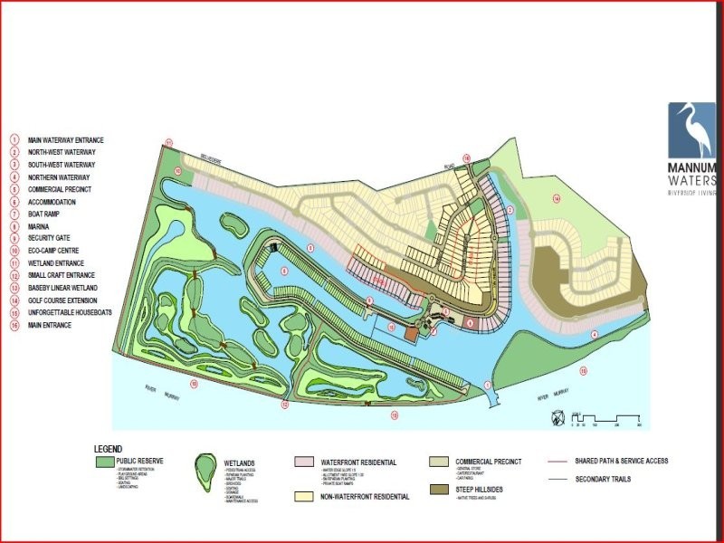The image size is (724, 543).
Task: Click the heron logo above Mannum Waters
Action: tap(691, 130)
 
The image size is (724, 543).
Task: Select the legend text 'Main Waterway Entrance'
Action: tap(65, 140)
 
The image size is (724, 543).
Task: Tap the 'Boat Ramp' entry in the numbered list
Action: tap(45, 214)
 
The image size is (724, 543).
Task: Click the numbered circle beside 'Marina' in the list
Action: tap(14, 226)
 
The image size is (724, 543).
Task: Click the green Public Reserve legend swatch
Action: tap(104, 462)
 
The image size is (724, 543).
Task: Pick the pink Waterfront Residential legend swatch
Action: tap(303, 462)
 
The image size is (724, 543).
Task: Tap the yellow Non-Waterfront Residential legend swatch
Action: tap(303, 497)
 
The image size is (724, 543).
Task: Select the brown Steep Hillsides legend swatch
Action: tap(440, 490)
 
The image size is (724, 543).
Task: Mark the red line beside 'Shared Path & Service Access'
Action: tap(566, 461)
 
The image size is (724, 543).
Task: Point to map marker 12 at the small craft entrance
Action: tap(283, 405)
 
